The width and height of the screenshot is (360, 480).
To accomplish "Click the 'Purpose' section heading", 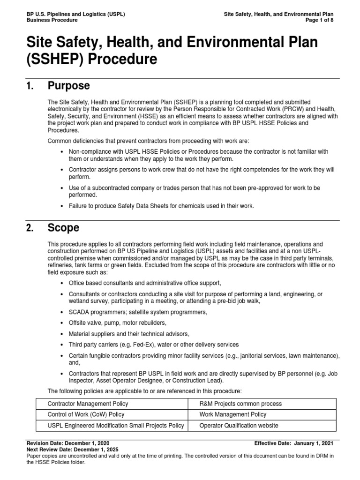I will (x=68, y=86).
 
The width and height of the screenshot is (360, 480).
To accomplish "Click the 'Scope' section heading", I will (x=63, y=228).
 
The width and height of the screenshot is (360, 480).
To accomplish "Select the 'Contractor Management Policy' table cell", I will (x=88, y=404).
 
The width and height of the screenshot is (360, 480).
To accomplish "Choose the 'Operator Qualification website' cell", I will (x=239, y=426).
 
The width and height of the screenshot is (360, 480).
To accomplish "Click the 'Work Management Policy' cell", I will (x=232, y=414).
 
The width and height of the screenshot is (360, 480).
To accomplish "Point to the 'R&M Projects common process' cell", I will (x=240, y=404).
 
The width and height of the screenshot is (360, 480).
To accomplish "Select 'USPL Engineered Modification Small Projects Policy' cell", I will (x=116, y=426).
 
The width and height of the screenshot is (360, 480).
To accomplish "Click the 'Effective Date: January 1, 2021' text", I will (x=294, y=442).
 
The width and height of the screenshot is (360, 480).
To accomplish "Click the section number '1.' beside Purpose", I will (x=30, y=86).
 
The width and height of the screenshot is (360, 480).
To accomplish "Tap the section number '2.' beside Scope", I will (x=30, y=228).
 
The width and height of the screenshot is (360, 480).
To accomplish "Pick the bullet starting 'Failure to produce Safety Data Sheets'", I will (x=161, y=206).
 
